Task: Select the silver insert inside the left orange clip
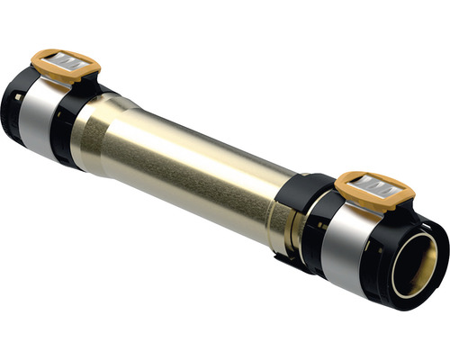[68, 62]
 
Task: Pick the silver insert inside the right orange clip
[378, 185]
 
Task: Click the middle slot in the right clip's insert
[378, 187]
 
